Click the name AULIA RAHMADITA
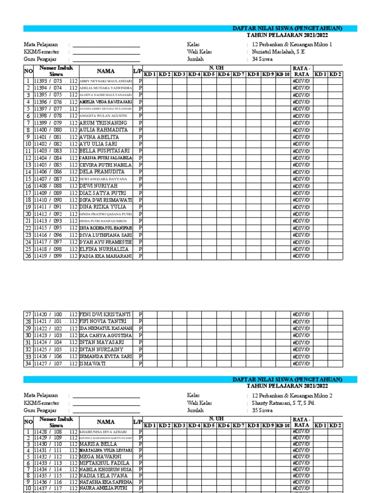point(104,130)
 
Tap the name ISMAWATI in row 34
point(93,363)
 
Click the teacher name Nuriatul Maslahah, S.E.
point(279,52)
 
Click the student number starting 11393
point(55,81)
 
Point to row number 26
point(28,256)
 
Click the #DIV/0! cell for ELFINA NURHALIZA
point(301,249)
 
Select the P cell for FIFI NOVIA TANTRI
point(141,321)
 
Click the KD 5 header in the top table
point(209,74)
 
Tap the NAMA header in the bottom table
point(106,422)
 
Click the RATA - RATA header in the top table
point(301,71)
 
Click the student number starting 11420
point(55,314)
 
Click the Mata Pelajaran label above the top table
point(41,45)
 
